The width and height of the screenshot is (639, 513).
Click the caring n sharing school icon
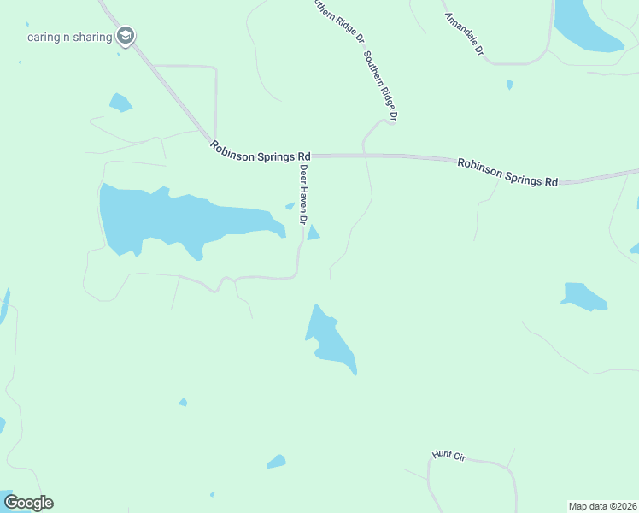click(126, 36)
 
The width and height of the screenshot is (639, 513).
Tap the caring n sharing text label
click(70, 37)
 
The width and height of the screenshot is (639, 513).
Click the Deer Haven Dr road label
click(302, 194)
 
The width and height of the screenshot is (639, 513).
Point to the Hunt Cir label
click(448, 457)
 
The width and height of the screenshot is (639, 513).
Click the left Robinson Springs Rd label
click(261, 152)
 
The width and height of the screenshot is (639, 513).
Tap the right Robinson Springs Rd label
click(507, 171)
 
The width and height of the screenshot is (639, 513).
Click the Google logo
click(28, 503)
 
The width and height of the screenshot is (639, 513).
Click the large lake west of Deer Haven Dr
click(171, 218)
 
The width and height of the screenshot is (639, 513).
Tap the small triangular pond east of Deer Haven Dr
click(313, 233)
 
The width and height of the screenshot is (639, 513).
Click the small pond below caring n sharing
click(120, 103)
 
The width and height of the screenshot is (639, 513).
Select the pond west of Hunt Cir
click(275, 462)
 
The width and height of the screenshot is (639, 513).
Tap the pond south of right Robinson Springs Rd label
click(583, 295)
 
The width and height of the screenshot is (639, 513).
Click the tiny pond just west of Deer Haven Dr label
click(290, 206)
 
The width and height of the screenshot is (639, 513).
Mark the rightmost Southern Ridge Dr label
click(380, 85)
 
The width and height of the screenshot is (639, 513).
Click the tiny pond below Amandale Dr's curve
click(509, 85)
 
